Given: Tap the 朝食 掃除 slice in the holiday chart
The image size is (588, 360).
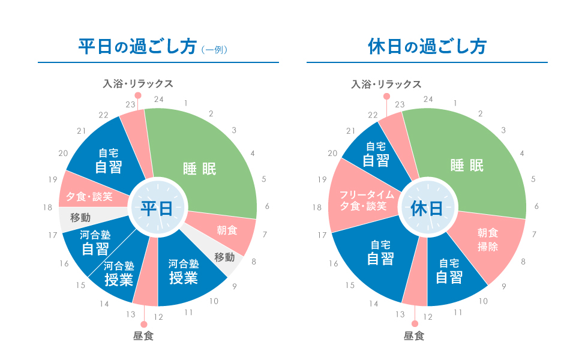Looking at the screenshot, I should pos(488,239).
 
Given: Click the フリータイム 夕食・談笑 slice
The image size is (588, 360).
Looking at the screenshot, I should pos(363,200).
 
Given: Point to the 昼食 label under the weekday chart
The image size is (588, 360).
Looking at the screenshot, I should pos(143,336).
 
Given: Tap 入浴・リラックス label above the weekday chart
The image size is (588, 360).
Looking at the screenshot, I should pos(139,83).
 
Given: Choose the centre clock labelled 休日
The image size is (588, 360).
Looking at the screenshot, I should pos(427,208).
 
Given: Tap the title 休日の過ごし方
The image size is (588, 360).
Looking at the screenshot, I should pos(427,47).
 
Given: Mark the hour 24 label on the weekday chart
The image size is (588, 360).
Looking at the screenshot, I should pos(159,98).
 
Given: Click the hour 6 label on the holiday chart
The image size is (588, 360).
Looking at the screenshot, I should pos(536,206).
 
